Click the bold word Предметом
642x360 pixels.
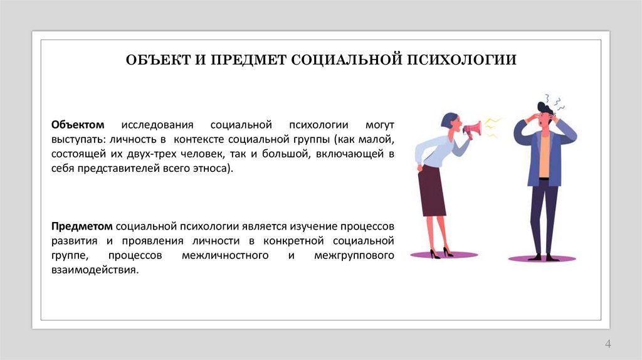point(82,225)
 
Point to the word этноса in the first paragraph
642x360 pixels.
point(209,169)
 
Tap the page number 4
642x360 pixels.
point(608,343)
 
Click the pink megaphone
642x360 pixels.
point(471,128)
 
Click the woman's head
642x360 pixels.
point(450,122)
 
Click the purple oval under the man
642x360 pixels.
point(542,258)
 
